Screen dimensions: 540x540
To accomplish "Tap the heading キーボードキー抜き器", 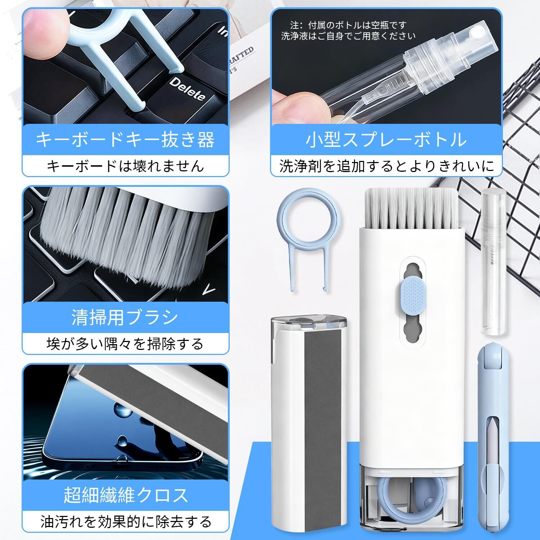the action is pyautogui.click(x=125, y=140).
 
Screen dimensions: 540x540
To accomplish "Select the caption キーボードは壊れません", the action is pyautogui.click(x=125, y=166).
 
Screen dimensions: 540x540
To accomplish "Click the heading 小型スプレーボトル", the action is pyautogui.click(x=386, y=140).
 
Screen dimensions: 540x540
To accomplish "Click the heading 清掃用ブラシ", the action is pyautogui.click(x=125, y=318).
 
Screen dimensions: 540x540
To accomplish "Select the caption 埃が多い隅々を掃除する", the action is pyautogui.click(x=125, y=344).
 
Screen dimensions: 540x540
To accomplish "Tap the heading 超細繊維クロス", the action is pyautogui.click(x=126, y=495).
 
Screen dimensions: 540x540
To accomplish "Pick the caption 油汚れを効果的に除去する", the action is pyautogui.click(x=126, y=521).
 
